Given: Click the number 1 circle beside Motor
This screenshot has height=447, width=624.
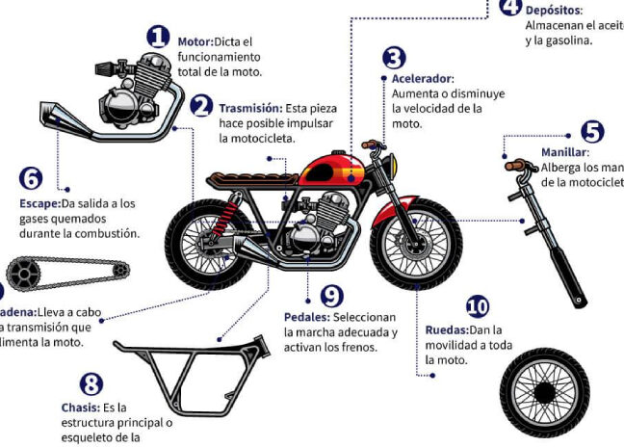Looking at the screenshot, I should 158,38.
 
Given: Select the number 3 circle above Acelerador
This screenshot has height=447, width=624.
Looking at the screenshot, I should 394,59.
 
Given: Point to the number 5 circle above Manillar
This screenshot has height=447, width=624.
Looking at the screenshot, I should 592,131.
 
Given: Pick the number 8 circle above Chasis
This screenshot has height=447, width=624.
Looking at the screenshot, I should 91,385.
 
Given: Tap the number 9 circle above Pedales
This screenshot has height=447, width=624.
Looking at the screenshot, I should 331,295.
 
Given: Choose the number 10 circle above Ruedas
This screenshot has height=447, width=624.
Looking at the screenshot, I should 477,307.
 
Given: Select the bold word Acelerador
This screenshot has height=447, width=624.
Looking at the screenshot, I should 422,78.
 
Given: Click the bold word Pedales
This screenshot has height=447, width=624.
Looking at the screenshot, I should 307,317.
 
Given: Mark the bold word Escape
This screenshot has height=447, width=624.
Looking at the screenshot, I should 39,203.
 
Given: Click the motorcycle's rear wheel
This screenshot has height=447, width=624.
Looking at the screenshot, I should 207,245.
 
